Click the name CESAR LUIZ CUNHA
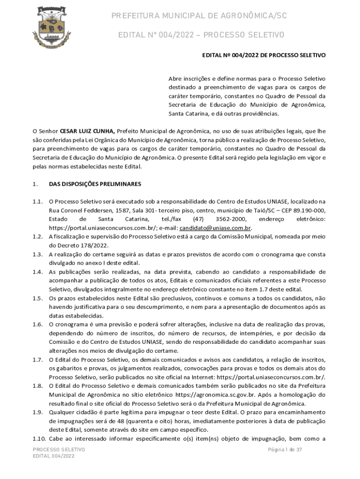pyautogui.click(x=87, y=131)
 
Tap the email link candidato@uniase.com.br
pyautogui.click(x=216, y=228)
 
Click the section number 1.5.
pyautogui.click(x=38, y=298)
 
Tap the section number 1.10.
pyautogui.click(x=39, y=438)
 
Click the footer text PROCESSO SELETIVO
pyautogui.click(x=59, y=450)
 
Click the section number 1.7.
pyautogui.click(x=38, y=359)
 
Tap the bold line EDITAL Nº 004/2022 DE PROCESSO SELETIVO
pyautogui.click(x=264, y=55)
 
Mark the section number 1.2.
pyautogui.click(x=38, y=237)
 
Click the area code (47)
pyautogui.click(x=198, y=219)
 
